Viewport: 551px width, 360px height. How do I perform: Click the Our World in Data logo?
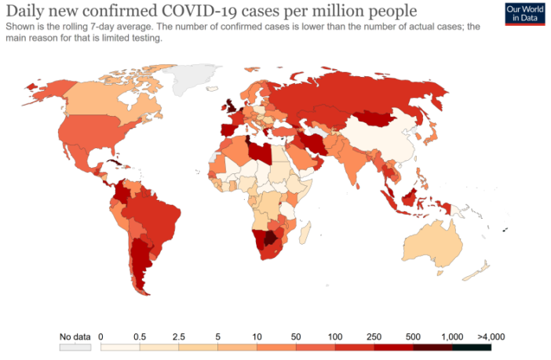525,14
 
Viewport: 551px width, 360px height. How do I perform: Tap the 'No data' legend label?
75,336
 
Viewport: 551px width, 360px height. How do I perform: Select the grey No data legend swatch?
75,347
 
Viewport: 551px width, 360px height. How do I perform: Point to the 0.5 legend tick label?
140,336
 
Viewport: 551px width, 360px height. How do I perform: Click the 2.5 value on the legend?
179,336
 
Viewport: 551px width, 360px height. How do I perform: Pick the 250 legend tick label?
374,336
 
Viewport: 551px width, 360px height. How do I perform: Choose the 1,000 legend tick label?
452,336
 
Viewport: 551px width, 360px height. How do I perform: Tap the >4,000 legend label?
491,336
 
